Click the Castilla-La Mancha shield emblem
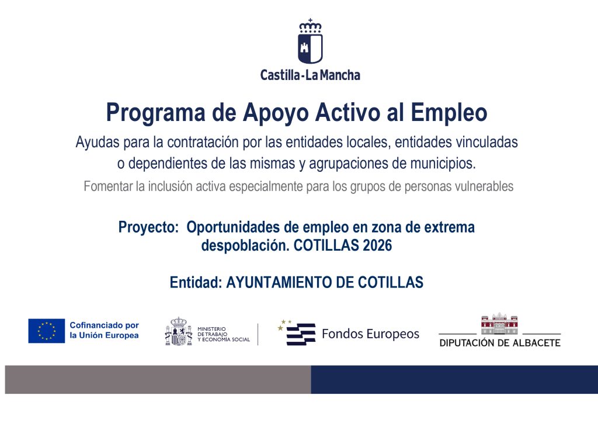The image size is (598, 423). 310,48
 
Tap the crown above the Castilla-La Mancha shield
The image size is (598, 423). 310,26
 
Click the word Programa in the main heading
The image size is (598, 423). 155,113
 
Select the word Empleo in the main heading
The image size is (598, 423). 449,113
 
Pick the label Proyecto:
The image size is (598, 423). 148,228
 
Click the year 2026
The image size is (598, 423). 377,245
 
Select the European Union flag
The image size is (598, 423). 47,331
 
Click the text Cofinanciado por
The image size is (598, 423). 104,325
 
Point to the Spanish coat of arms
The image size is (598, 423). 179,331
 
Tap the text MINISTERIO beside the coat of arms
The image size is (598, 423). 211,329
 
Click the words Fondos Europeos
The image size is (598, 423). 370,334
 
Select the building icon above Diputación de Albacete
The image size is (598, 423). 499,323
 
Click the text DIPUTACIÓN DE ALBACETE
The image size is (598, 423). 500,343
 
